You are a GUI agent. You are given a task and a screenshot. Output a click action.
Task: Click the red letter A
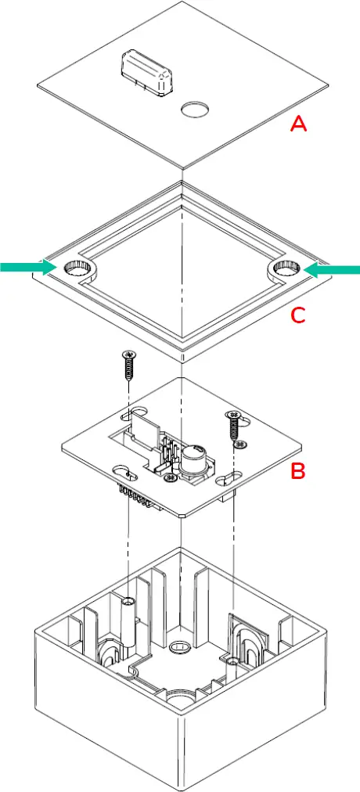[x=298, y=124]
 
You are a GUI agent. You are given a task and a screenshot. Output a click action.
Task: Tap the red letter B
[x=297, y=471]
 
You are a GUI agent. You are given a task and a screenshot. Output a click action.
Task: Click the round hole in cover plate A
[x=193, y=110]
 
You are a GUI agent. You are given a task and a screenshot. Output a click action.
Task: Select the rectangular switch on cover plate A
[x=146, y=75]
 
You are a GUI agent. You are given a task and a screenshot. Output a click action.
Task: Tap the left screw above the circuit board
[x=128, y=365]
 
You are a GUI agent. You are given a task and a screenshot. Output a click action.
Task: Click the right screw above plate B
[x=233, y=426]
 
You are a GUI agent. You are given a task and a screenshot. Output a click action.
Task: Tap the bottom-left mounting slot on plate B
[x=124, y=471]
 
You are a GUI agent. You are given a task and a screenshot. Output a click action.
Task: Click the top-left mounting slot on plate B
[x=138, y=412]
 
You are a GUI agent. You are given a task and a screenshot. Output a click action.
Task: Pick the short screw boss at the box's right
[x=233, y=661]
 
